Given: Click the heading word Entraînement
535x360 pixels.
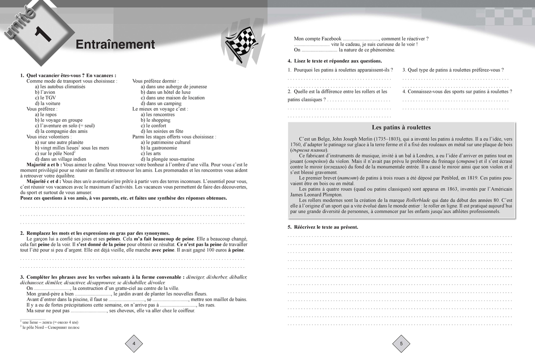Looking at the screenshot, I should [115, 45].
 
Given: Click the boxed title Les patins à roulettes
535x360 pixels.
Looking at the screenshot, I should [401, 127].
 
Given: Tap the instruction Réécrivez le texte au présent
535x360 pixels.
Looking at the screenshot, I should [323, 227].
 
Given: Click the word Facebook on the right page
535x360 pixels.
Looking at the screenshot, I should [329, 39].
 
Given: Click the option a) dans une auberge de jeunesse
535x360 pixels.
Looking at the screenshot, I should [173, 87].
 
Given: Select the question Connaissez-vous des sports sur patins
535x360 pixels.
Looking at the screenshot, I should [457, 91].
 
